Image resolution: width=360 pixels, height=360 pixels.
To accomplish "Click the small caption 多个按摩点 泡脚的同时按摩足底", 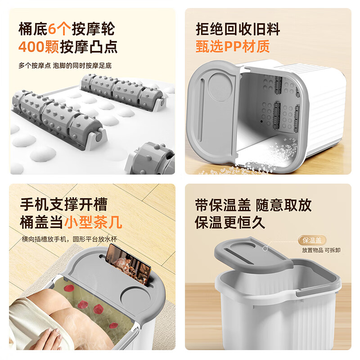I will tap(65, 65).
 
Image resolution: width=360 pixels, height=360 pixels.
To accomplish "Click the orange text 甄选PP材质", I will tap(233, 46).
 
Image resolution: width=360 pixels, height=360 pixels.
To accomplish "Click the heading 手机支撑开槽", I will tap(63, 205).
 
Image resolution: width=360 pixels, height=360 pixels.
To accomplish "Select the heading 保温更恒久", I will tap(230, 222).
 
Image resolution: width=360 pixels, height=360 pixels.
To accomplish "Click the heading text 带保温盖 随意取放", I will tap(253, 205).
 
